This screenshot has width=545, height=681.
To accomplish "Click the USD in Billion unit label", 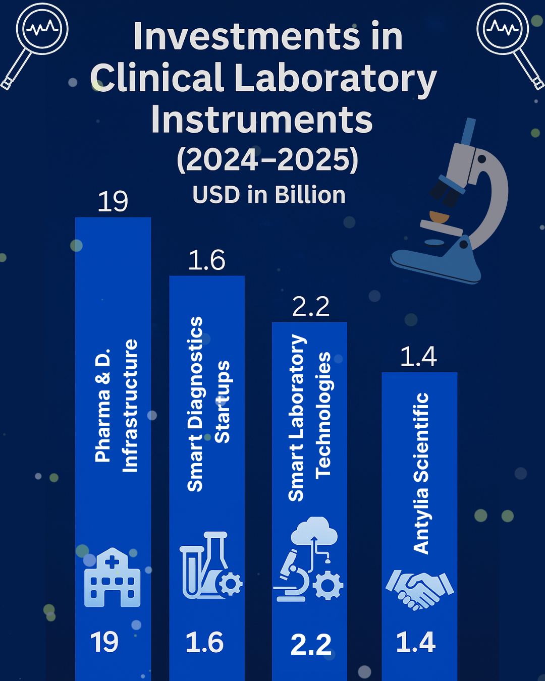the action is [x=269, y=195].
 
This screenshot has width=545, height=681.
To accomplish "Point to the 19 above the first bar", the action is [x=113, y=202].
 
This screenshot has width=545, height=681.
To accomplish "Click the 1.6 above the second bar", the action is [x=206, y=260].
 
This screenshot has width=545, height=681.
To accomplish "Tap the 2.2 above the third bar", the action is [x=311, y=306].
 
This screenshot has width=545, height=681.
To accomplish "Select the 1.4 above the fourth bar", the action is [x=419, y=356].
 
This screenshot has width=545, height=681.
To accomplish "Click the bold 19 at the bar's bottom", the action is [x=104, y=642].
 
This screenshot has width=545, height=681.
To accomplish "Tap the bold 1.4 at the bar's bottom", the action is [x=416, y=642].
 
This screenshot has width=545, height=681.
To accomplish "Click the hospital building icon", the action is [x=113, y=577].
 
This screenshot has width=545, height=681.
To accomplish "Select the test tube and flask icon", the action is [x=211, y=565].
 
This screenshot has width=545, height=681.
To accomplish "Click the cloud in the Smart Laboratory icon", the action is [x=314, y=531].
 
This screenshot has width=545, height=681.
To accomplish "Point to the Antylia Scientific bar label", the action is [x=421, y=473].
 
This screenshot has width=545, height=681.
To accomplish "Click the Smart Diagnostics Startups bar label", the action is [x=208, y=404].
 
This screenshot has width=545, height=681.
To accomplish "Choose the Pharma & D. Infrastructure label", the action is [x=116, y=406].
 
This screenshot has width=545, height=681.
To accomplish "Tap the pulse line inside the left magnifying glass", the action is [x=42, y=28].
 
